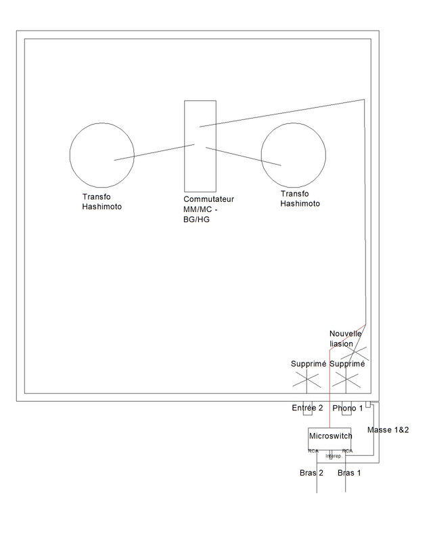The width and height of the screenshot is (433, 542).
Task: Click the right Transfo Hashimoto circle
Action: coord(293,156)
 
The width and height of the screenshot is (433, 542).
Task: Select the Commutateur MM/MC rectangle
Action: coord(200,145)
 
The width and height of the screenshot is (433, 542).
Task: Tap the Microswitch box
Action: coord(330,437)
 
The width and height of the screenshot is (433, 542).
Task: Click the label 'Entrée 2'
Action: coord(307,408)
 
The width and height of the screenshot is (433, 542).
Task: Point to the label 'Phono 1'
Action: coord(348,408)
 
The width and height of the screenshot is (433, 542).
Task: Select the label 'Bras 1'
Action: coord(349,473)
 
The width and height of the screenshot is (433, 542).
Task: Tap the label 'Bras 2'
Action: coord(311,473)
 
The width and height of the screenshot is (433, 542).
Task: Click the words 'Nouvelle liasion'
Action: coord(345,338)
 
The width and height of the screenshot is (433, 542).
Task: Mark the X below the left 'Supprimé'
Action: coord(309,380)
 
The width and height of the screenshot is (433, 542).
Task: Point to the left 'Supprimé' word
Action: coord(309,364)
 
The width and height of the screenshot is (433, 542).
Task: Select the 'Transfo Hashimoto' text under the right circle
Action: coord(300,198)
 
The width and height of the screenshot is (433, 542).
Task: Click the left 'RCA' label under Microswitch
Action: coord(313,451)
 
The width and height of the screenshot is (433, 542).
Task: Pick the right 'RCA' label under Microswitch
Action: coord(347,451)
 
